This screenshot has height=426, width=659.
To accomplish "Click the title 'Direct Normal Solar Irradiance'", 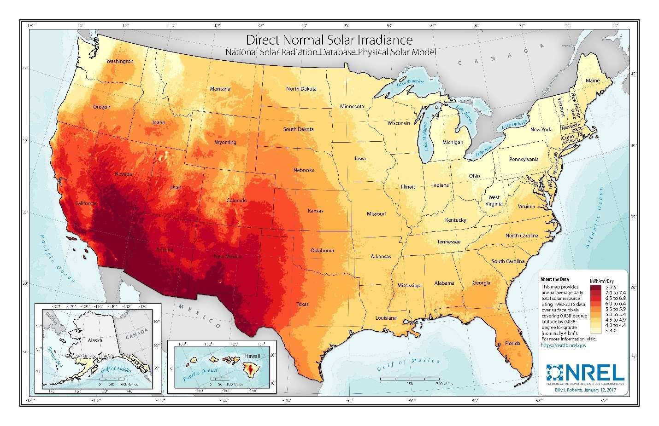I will pyautogui.click(x=329, y=40).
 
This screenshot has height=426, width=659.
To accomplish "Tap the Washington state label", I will pyautogui.click(x=120, y=61).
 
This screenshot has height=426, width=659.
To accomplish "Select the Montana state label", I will pyautogui.click(x=220, y=89).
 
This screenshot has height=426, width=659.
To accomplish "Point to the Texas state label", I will pyautogui.click(x=303, y=304).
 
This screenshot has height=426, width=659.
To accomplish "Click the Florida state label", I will pyautogui.click(x=512, y=343).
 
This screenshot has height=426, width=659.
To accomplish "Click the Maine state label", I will pyautogui.click(x=593, y=81).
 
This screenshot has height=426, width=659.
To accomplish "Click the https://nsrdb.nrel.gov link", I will pyautogui.click(x=563, y=345).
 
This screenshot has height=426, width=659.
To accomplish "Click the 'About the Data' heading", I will pyautogui.click(x=554, y=279).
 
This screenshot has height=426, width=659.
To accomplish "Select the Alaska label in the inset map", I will pyautogui.click(x=95, y=340).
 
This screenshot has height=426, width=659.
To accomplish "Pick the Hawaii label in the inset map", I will pyautogui.click(x=253, y=356).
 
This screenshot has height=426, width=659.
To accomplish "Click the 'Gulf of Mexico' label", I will pyautogui.click(x=408, y=364).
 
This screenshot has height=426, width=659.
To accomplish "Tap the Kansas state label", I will pyautogui.click(x=316, y=211).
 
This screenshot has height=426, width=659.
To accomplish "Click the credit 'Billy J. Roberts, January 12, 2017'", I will pyautogui.click(x=585, y=390).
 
